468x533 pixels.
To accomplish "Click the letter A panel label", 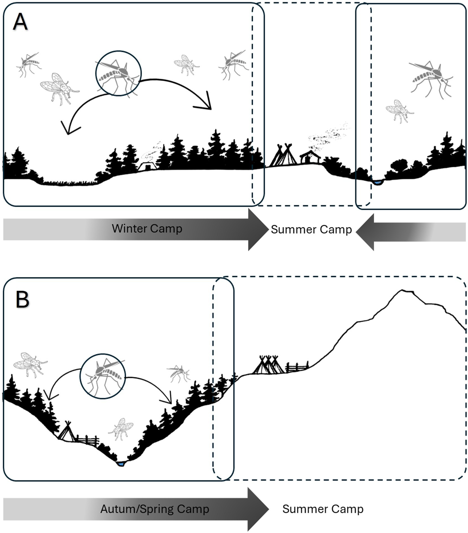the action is click(20, 22).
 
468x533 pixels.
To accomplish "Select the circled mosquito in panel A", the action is click(118, 73).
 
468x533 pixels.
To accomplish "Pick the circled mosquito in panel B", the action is click(103, 376).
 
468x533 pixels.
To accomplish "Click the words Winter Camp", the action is click(147, 229).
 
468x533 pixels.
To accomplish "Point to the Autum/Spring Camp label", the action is click(155, 509).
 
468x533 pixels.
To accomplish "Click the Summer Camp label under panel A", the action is click(311, 229).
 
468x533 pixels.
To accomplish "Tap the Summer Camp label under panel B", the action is click(323, 509).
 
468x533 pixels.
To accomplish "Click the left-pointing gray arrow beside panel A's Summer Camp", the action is click(411, 232).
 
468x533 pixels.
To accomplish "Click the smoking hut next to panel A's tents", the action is click(310, 157).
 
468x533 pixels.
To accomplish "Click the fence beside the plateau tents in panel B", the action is click(297, 367).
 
